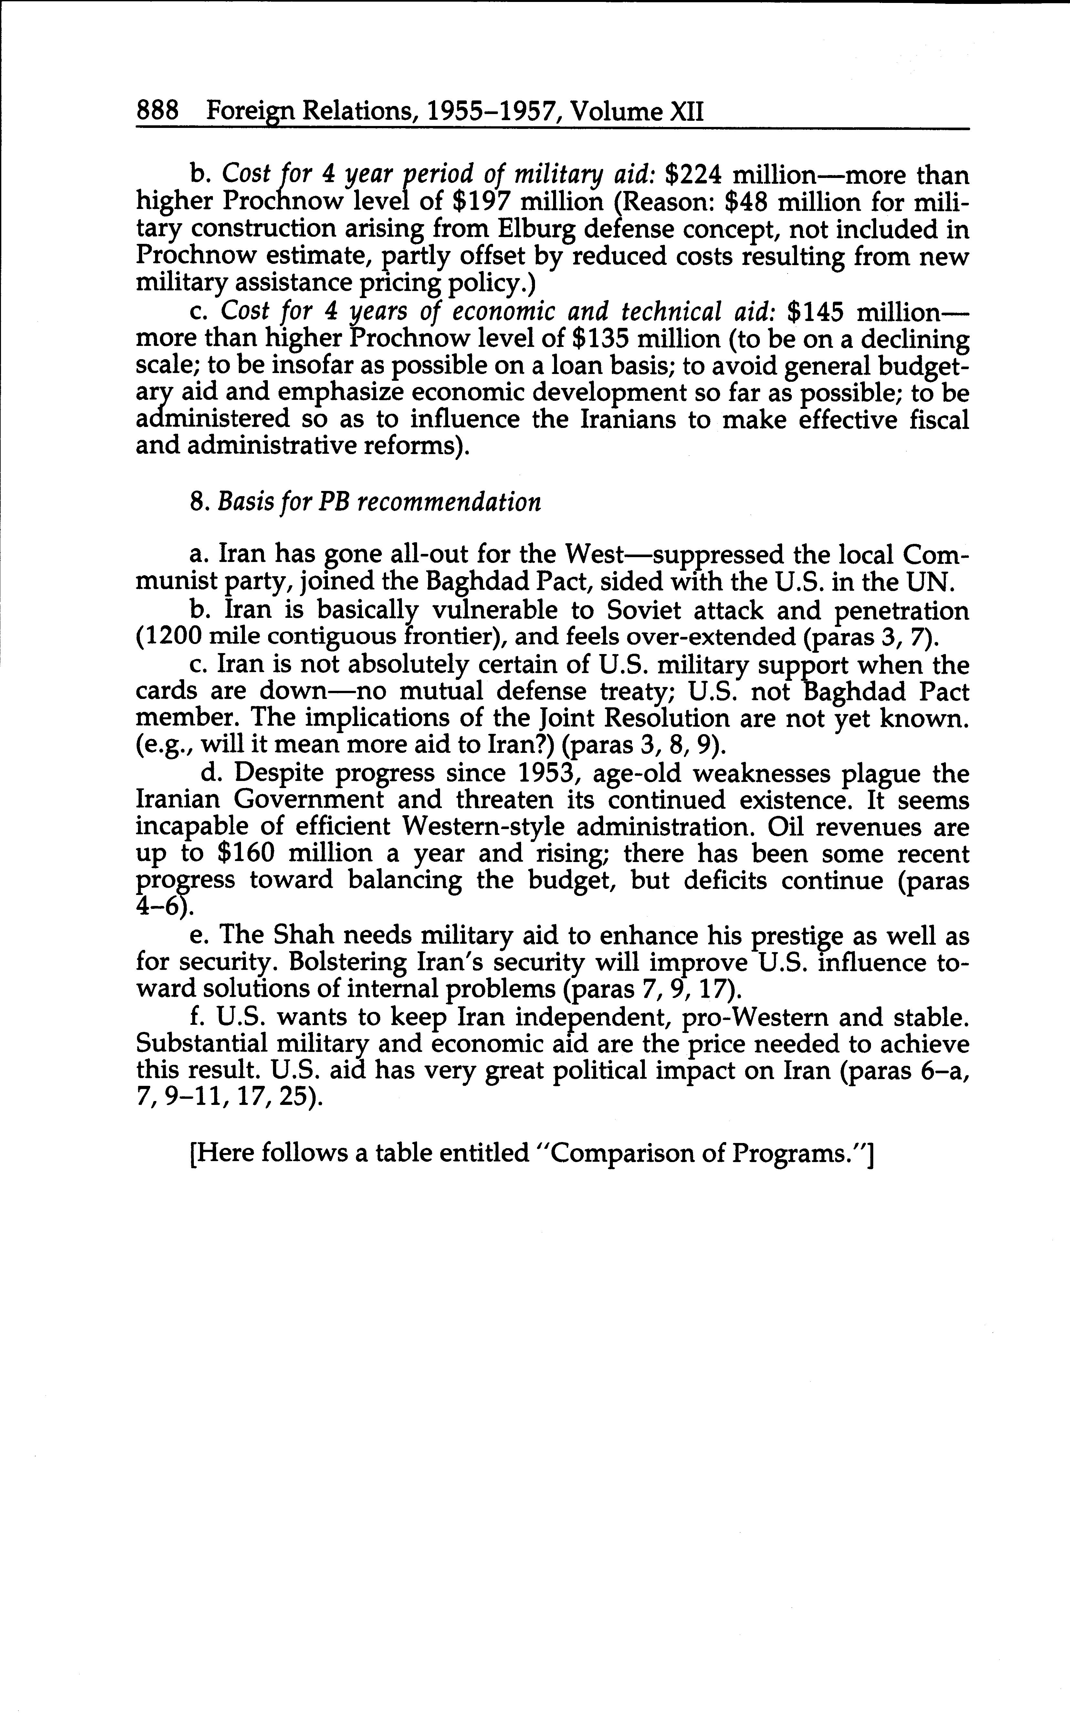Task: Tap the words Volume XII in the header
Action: tap(637, 112)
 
